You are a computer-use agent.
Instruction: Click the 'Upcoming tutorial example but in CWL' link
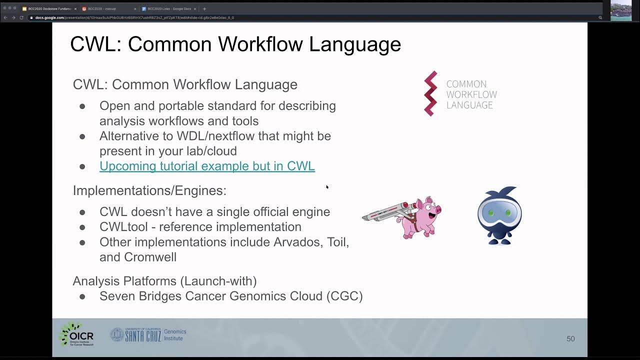point(207,166)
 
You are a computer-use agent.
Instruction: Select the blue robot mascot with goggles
point(499,216)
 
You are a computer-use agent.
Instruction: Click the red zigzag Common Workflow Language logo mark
point(430,93)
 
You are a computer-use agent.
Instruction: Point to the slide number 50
point(570,339)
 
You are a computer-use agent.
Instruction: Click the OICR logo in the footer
point(76,334)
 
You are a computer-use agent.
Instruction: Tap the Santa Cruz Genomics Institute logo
point(148,335)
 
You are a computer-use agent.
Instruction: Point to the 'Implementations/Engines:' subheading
point(149,190)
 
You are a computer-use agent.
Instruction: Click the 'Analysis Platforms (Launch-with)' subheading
point(164,281)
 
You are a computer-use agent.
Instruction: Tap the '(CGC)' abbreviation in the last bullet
point(344,296)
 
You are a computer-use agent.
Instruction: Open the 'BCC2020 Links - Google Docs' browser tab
point(169,8)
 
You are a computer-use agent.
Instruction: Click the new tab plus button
point(204,8)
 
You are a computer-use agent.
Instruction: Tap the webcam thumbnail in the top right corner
point(620,10)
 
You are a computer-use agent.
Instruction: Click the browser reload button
point(21,17)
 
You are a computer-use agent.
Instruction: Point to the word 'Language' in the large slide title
point(354,44)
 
